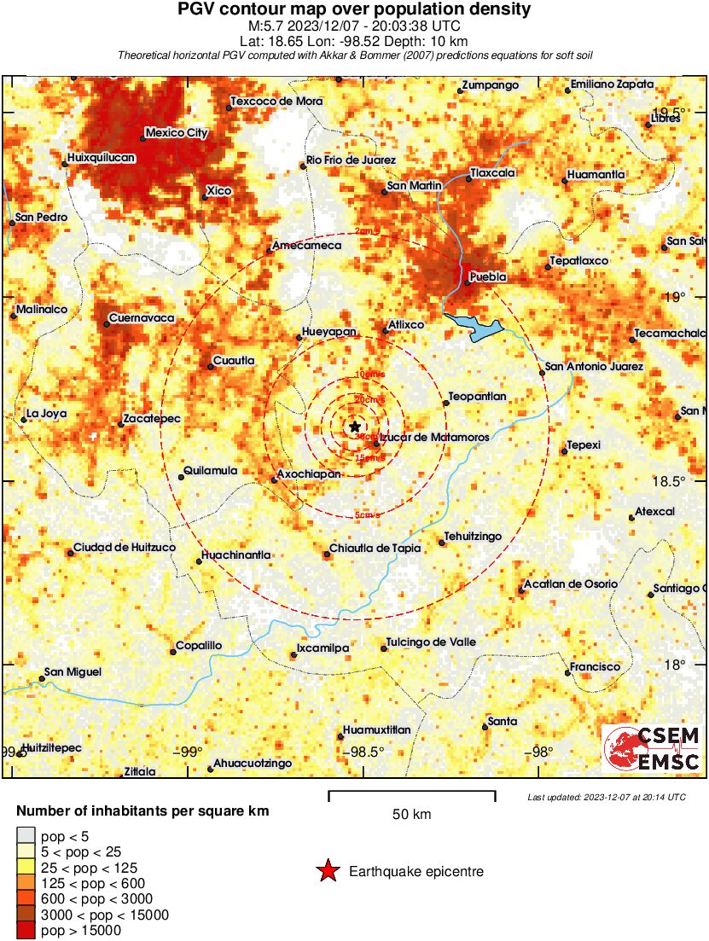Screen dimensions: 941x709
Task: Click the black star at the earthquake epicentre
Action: (355, 427)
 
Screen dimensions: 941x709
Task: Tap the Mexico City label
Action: (177, 133)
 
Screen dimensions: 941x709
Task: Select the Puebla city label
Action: (489, 277)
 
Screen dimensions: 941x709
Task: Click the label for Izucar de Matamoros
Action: (435, 437)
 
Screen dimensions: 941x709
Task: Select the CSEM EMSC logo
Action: (653, 749)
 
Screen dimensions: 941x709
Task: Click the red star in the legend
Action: (327, 871)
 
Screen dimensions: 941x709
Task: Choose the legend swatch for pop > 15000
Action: (26, 931)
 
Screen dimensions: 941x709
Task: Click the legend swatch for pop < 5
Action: (26, 836)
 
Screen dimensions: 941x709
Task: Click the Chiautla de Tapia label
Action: (375, 549)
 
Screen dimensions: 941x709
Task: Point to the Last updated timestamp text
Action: (607, 797)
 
